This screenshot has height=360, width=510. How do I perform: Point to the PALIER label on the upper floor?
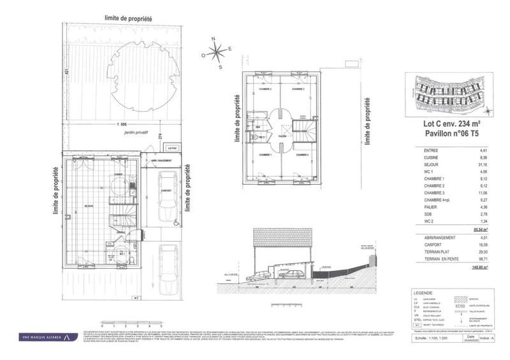click(x=281, y=136)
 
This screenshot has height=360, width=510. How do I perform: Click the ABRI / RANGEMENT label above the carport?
click(x=159, y=161)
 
